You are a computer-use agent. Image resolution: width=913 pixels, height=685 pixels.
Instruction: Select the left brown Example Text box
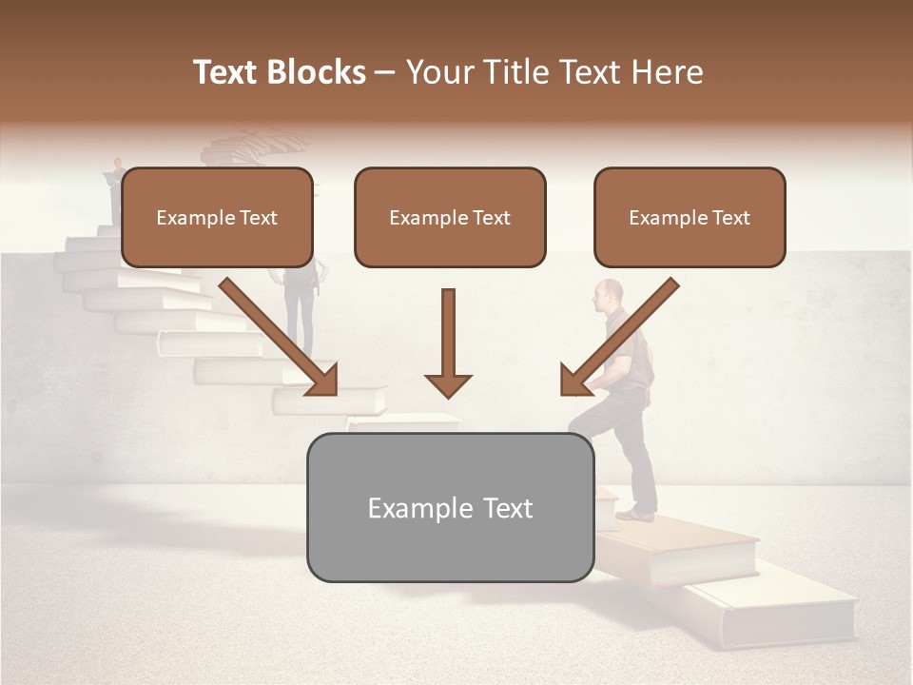coord(217,217)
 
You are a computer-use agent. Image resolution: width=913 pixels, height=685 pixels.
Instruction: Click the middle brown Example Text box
coord(450,217)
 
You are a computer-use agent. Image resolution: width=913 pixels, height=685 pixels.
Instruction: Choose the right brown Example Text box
coord(690,217)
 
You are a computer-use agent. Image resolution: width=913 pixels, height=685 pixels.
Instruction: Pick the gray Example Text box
coord(450,507)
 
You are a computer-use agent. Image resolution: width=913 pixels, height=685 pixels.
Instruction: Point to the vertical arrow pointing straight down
coord(448,342)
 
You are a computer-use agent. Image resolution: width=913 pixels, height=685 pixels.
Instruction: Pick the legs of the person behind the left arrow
coord(301,314)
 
